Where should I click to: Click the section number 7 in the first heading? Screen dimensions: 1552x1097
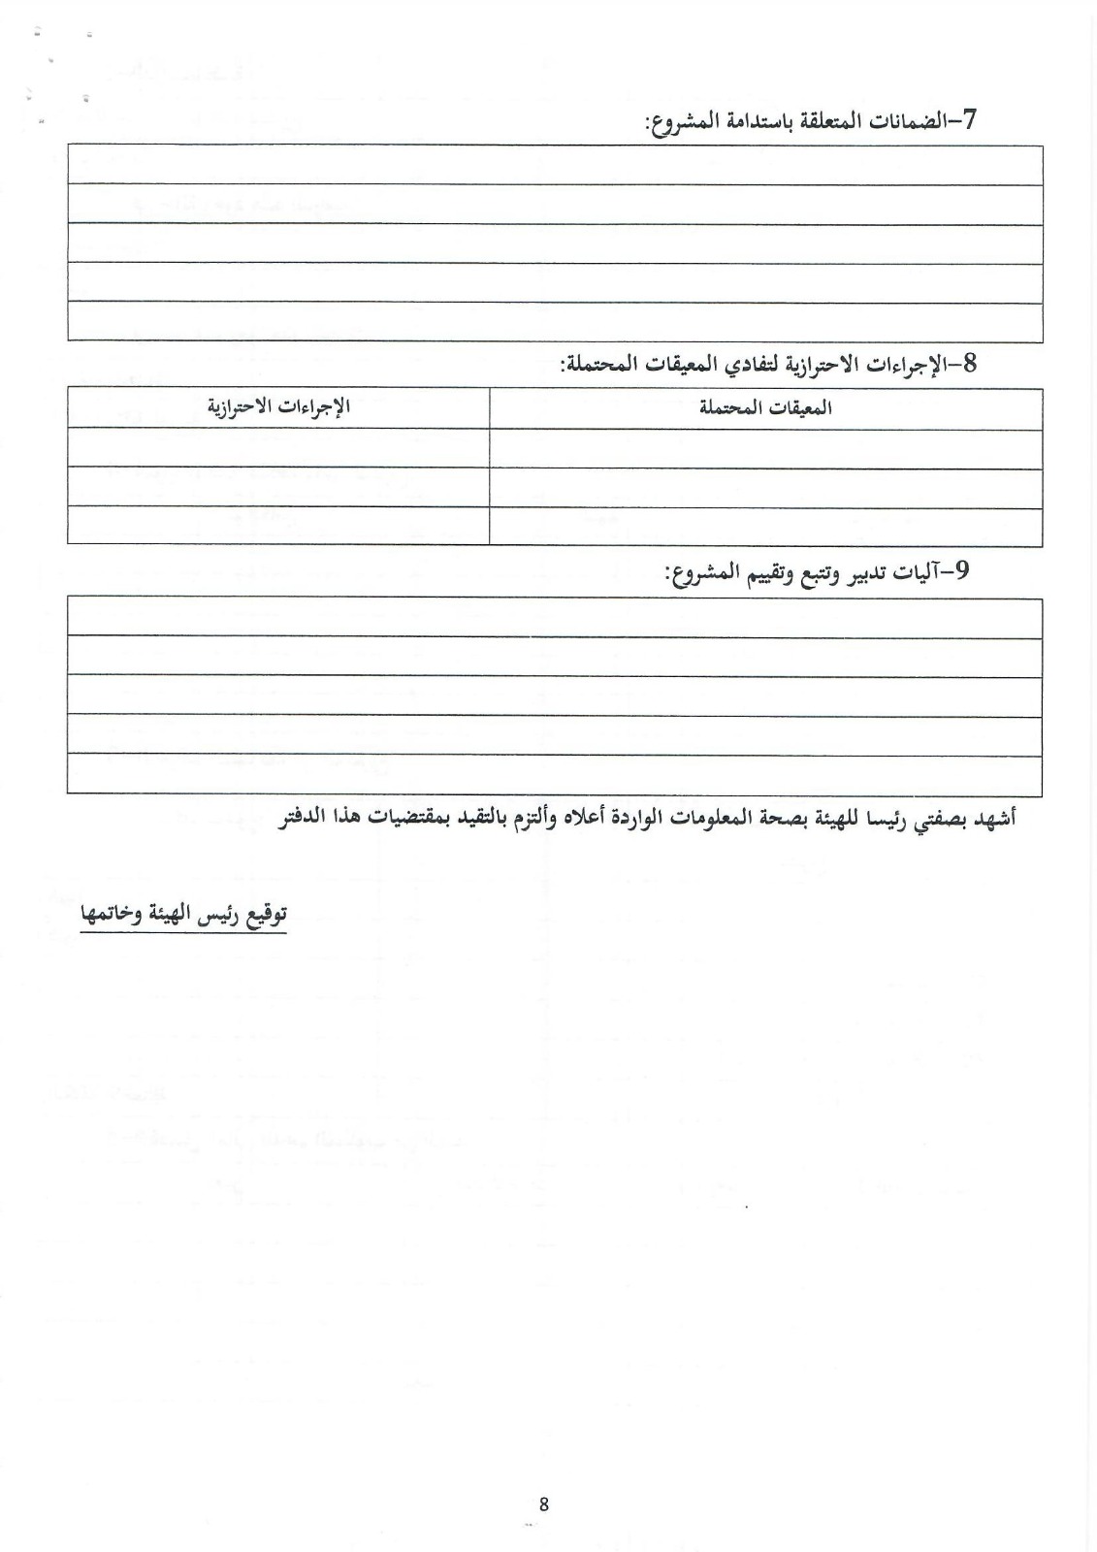click(x=967, y=120)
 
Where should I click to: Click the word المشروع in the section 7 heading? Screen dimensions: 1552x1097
click(x=679, y=122)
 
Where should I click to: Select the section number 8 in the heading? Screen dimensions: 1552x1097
click(x=967, y=364)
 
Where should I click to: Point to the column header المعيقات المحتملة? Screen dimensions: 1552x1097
click(x=765, y=407)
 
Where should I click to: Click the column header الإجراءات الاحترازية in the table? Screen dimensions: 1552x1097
click(x=278, y=407)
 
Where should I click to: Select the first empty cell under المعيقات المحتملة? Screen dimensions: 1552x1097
click(x=765, y=448)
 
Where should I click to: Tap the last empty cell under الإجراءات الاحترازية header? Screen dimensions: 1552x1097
click(x=278, y=527)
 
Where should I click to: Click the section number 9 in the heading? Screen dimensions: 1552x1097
click(x=961, y=571)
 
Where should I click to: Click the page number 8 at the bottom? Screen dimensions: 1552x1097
click(x=543, y=1504)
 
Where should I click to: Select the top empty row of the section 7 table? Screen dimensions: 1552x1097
click(x=555, y=165)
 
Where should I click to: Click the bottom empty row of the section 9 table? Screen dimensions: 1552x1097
click(x=555, y=776)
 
